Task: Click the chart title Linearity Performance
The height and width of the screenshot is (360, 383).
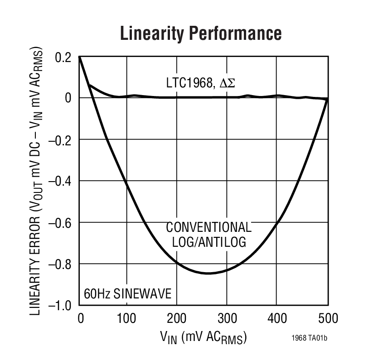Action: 200,34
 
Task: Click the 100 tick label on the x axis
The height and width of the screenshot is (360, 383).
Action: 126,319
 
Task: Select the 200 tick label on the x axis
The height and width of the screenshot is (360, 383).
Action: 177,319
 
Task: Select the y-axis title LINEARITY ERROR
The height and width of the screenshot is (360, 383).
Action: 38,181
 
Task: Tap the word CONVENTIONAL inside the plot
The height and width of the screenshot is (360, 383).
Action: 209,227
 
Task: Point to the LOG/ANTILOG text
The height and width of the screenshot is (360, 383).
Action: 209,242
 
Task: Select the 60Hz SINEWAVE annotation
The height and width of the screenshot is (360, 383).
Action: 128,294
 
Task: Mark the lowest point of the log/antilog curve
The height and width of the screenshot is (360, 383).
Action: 208,274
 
